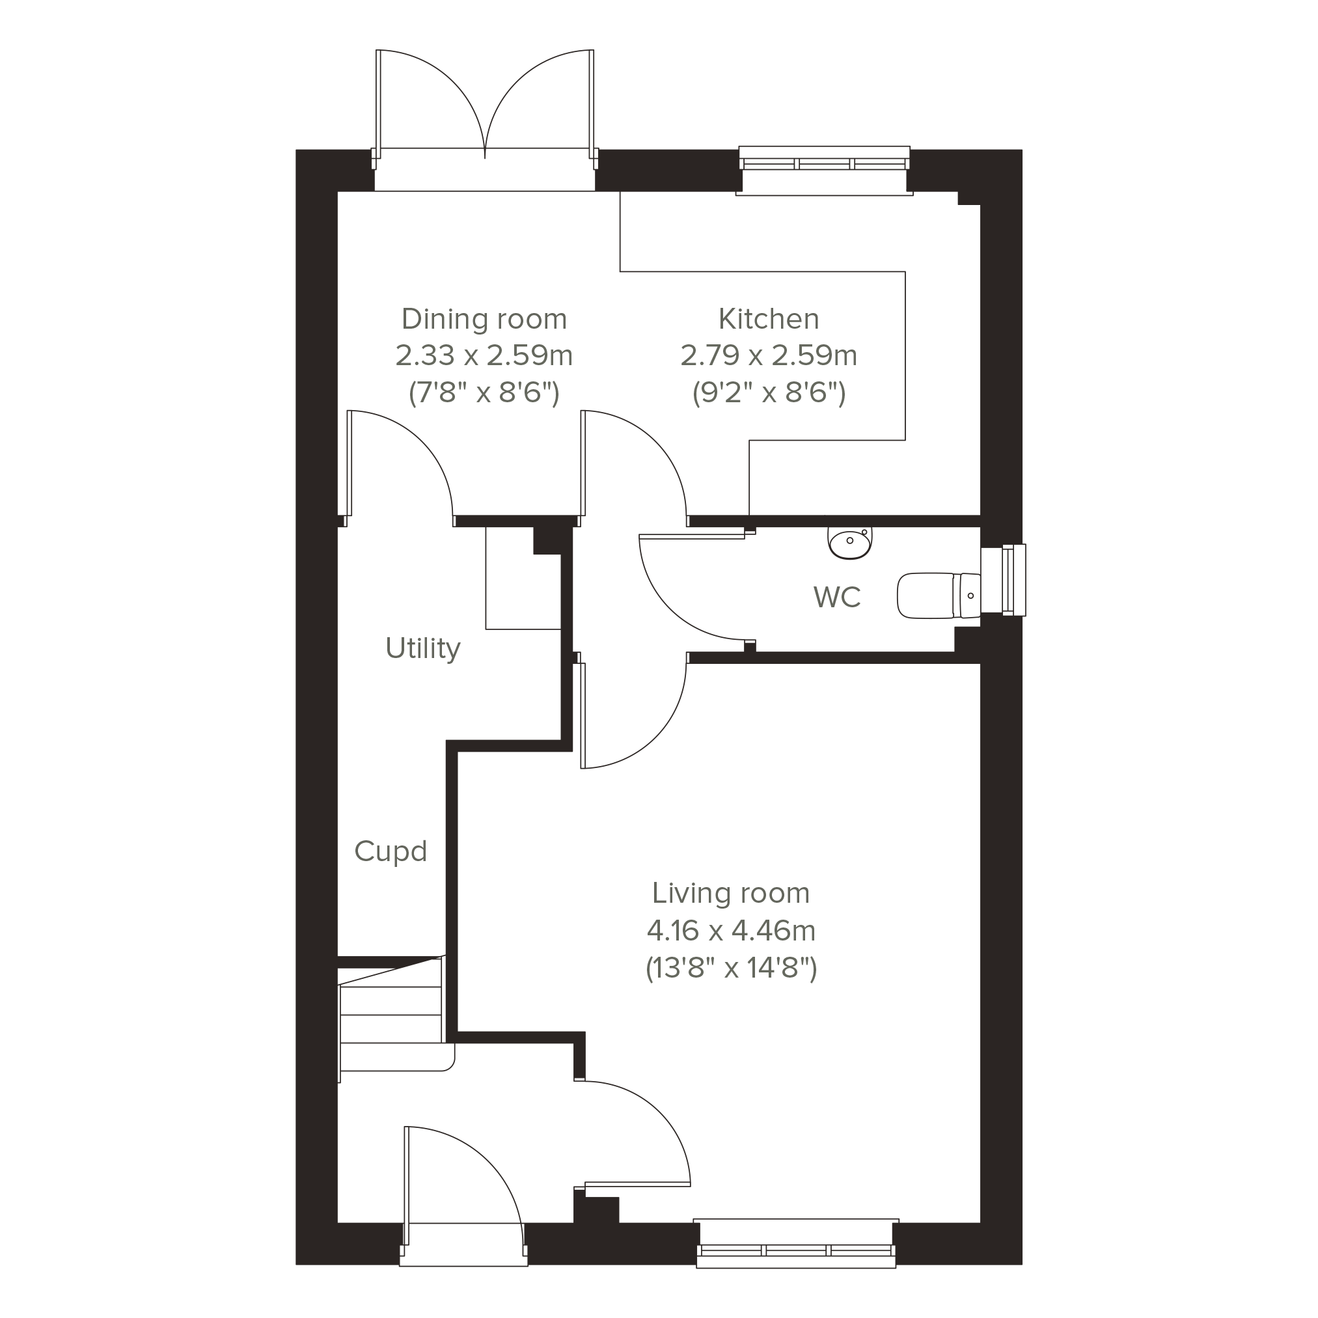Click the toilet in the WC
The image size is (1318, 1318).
coord(939,596)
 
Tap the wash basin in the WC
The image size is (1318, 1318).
coord(850,543)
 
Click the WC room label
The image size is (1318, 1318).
coord(837,597)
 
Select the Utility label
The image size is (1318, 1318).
coord(423,648)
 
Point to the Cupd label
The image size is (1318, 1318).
coord(391,851)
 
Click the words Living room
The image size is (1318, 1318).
coord(731,893)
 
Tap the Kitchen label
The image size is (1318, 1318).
coord(769,318)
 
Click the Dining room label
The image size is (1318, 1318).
coord(484,318)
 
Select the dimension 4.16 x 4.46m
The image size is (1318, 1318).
coord(732,931)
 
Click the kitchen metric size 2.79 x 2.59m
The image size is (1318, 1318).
coord(769,355)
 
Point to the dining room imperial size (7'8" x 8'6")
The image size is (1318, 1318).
coord(484,393)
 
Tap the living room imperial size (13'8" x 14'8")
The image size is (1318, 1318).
coord(732,968)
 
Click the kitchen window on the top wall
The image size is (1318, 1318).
coord(824,171)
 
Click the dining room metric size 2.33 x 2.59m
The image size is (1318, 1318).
coord(484,355)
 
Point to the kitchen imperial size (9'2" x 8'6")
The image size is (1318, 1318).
coord(769,393)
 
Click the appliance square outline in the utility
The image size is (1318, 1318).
coord(523,579)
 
